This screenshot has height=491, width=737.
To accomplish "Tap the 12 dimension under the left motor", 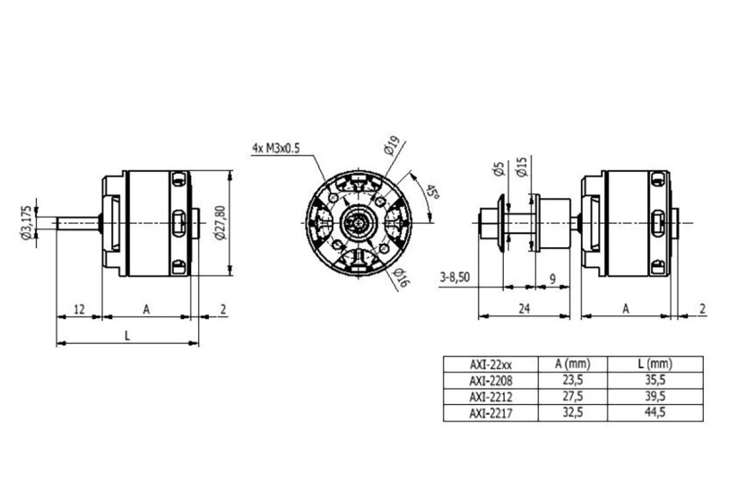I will click(x=79, y=309).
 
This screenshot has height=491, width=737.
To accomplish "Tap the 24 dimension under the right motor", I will click(x=526, y=309).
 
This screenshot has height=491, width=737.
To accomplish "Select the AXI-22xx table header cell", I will click(x=490, y=364).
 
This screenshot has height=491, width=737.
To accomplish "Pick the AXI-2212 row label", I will click(x=490, y=396).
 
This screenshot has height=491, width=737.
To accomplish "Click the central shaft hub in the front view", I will click(x=358, y=218).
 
